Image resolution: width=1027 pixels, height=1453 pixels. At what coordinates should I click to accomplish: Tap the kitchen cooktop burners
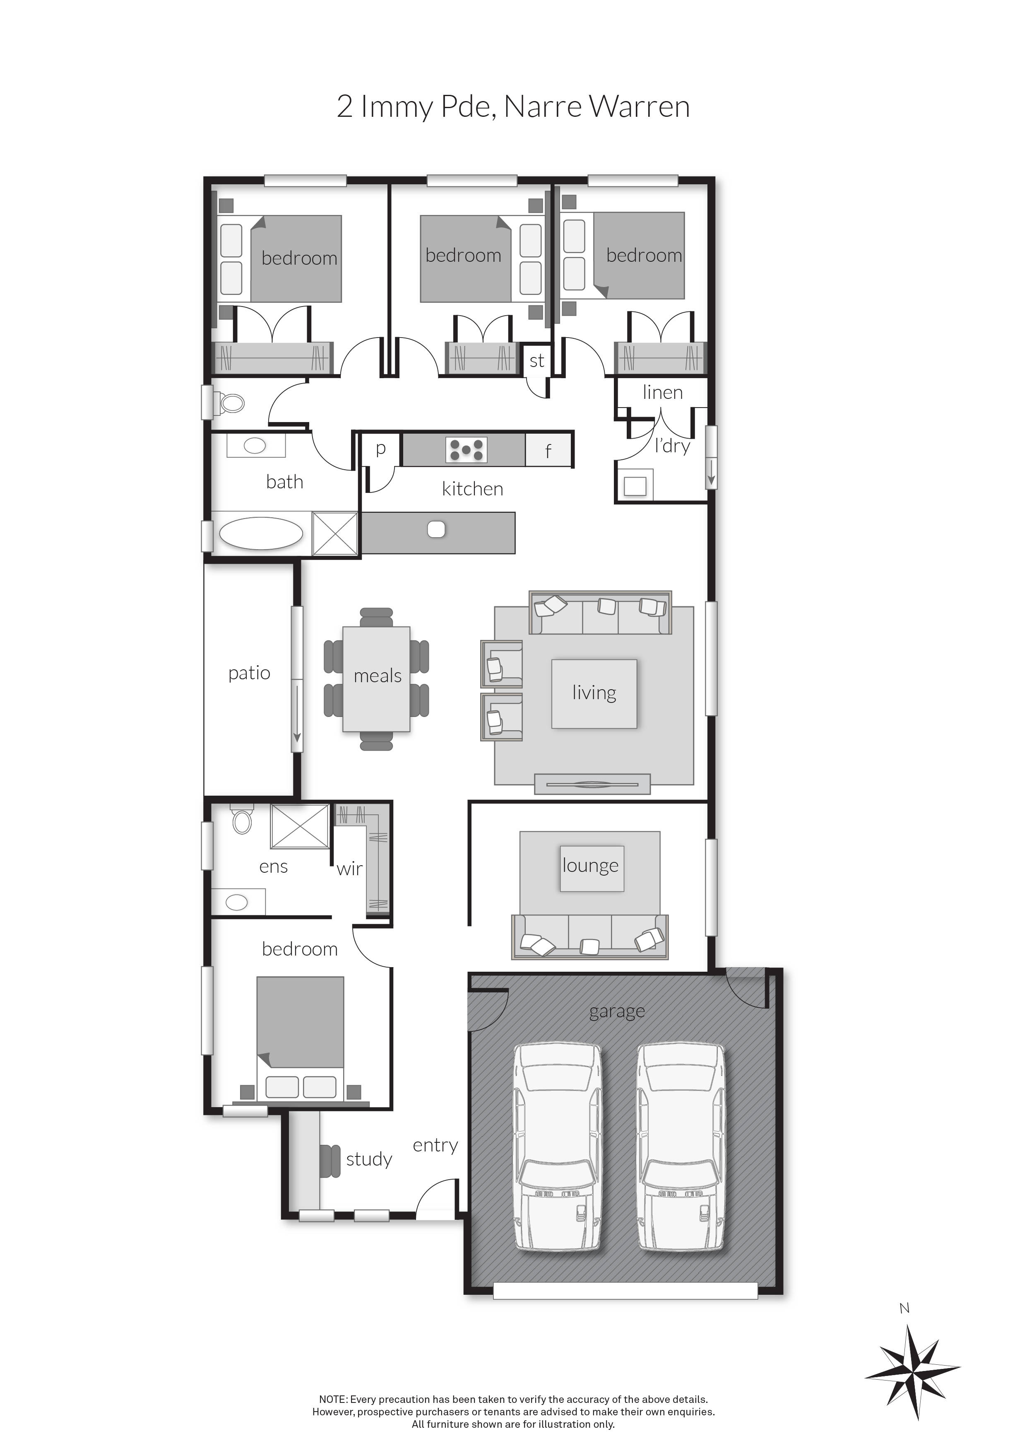point(466,450)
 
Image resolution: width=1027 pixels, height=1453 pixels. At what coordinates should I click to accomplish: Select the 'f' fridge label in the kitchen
point(548,451)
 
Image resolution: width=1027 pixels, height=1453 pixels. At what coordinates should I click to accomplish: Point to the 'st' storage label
point(537,361)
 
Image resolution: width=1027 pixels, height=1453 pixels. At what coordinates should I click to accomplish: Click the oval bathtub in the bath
point(261,533)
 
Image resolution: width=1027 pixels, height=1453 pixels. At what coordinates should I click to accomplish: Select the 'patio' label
point(249,673)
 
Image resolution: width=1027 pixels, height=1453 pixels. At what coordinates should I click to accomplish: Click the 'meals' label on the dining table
point(378,676)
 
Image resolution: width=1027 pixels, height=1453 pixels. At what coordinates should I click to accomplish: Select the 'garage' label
point(617,1012)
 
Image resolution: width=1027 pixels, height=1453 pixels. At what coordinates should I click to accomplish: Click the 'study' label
point(369,1159)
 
